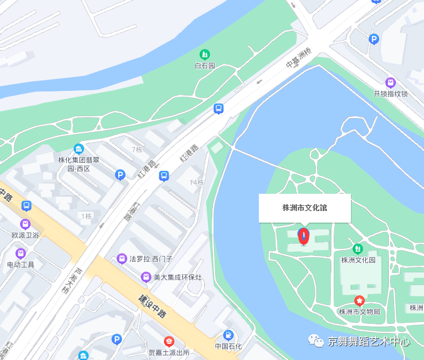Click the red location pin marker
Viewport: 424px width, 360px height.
click(x=303, y=236)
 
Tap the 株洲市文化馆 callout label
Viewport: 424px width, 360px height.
click(x=304, y=208)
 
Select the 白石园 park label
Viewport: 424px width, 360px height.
click(x=205, y=66)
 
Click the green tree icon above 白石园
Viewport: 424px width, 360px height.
click(x=205, y=55)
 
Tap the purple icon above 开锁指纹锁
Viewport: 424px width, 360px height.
click(x=391, y=82)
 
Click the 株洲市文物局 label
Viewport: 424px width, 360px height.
click(x=359, y=312)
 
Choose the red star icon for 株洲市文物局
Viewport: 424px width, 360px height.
click(x=360, y=301)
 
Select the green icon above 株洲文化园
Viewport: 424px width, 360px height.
click(x=358, y=248)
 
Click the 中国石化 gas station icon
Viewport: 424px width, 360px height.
click(x=228, y=335)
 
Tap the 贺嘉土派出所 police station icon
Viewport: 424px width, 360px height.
click(x=169, y=341)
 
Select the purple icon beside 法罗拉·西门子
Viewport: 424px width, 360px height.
click(x=122, y=259)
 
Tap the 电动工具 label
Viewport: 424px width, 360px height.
click(x=21, y=265)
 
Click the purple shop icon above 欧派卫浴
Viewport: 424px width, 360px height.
click(x=25, y=224)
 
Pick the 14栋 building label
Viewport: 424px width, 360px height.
click(x=197, y=182)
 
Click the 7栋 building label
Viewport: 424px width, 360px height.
click(x=137, y=150)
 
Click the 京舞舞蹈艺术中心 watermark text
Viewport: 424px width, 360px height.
click(x=369, y=341)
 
